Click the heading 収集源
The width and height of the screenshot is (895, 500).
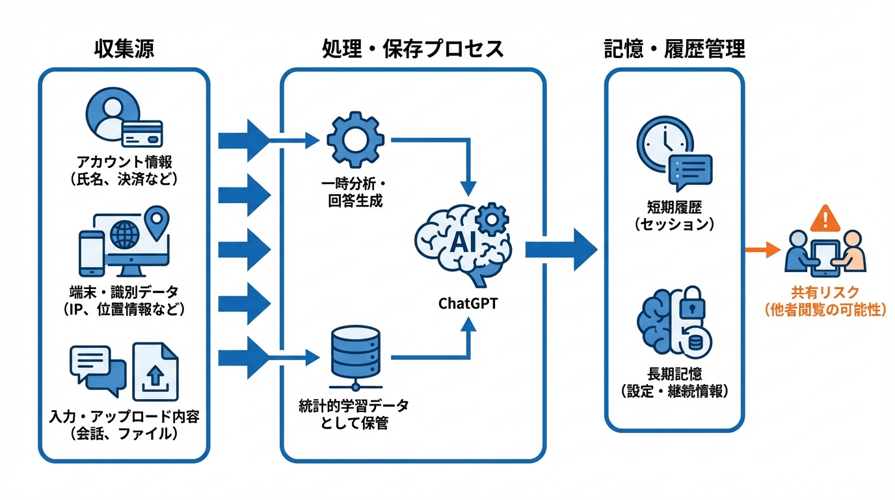124,49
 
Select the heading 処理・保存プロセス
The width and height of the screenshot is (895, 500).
412,49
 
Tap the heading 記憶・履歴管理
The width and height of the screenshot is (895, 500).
675,49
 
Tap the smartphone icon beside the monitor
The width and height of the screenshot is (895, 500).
91,253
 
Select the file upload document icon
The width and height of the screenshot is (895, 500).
155,372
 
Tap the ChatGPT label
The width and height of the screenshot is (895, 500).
468,303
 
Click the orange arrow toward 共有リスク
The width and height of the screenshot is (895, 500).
762,249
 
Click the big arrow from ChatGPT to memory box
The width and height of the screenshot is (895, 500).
561,249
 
